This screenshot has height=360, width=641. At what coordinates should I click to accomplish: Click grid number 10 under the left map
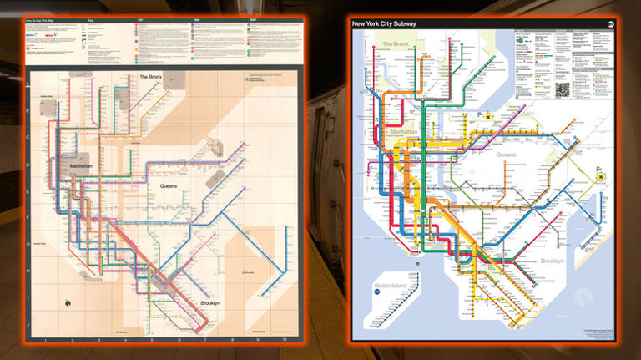point(284,341)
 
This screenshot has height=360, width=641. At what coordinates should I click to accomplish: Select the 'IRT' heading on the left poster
point(139,21)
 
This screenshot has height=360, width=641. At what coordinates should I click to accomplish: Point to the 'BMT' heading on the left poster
point(253,21)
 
